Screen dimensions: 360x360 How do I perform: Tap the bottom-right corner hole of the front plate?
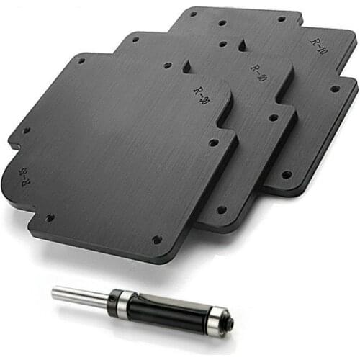(157, 239)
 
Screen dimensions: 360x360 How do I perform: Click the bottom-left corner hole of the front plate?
(50, 217)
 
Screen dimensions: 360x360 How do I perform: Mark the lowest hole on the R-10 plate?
(287, 174)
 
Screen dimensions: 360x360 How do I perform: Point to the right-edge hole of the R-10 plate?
(335, 89)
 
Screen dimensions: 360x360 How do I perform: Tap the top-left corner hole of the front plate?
(81, 62)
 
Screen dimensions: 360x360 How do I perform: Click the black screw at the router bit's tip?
(230, 325)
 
